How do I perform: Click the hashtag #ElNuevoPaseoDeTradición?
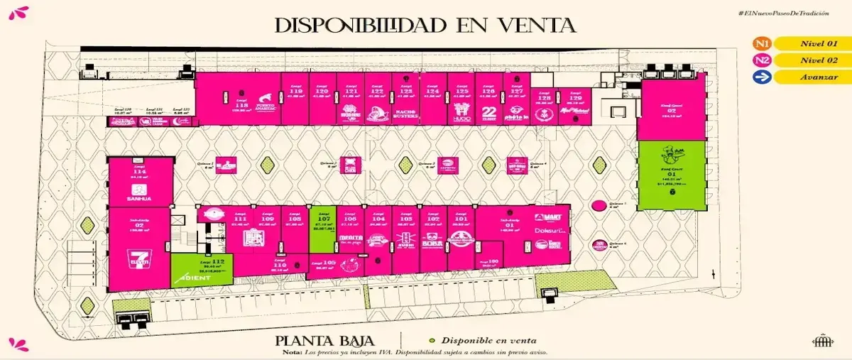[x=783, y=13]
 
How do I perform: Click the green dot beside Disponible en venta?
[x=430, y=340]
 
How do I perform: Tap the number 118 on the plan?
[x=241, y=104]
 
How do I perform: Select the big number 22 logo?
[x=488, y=111]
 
